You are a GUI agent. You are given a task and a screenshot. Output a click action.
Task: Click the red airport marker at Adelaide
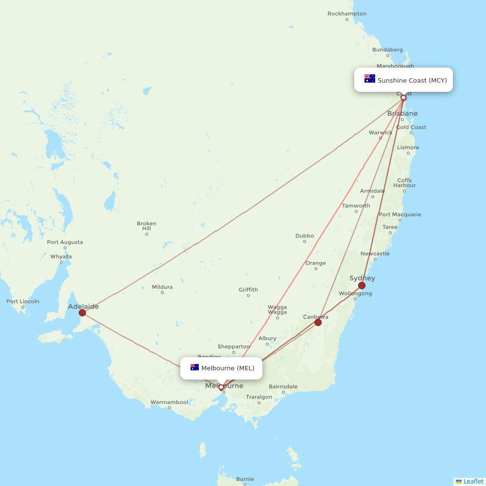click(82, 312)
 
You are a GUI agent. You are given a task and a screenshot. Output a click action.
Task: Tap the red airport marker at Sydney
click(362, 285)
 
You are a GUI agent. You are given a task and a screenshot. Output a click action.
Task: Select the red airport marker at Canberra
click(318, 322)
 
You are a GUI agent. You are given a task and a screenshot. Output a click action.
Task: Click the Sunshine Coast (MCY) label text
click(412, 80)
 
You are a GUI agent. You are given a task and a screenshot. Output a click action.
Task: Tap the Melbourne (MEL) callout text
click(227, 368)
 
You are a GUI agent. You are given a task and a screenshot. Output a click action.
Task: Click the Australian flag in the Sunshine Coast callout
click(370, 79)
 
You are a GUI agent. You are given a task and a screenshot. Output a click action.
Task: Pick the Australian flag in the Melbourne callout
click(194, 367)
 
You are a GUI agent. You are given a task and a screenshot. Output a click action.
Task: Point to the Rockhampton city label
click(347, 14)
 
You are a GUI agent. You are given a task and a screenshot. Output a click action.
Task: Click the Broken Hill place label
click(146, 226)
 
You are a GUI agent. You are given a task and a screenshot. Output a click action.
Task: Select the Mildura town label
click(162, 287)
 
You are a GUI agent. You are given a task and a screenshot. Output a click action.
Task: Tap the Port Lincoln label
click(23, 301)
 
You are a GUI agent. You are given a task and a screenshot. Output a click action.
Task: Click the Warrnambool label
click(169, 402)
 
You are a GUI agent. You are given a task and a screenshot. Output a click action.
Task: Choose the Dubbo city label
click(305, 236)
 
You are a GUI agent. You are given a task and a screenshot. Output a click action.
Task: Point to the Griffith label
click(248, 290)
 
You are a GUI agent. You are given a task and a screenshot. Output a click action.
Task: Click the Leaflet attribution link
click(473, 481)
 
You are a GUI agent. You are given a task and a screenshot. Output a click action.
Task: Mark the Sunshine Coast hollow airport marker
click(403, 98)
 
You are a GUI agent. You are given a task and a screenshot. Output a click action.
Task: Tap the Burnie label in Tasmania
click(245, 479)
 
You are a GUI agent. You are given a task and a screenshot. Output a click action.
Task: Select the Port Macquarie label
click(400, 214)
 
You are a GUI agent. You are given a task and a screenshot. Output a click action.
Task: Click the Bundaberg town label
click(387, 50)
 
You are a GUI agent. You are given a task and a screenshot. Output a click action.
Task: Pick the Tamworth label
click(356, 206)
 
